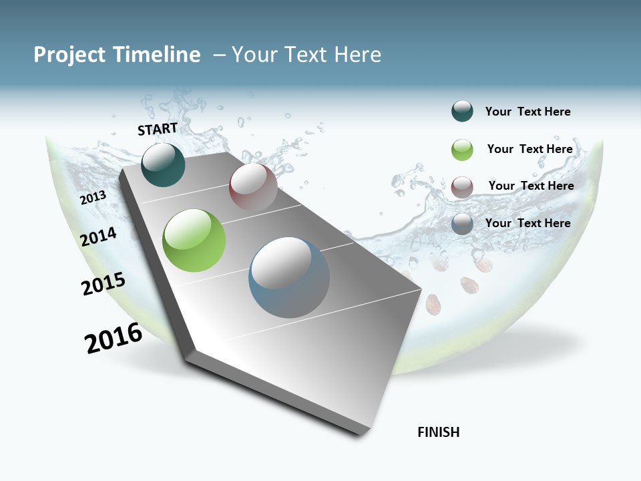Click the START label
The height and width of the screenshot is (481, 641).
point(158,129)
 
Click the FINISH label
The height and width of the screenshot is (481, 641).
point(439,432)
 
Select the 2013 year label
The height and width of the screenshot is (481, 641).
point(93,198)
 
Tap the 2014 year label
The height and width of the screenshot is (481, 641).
point(99,236)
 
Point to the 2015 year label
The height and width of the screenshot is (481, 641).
point(103,284)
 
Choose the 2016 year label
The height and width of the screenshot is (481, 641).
point(114,338)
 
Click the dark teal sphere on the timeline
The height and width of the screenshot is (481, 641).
point(163,165)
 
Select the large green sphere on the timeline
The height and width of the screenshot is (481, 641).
point(194,240)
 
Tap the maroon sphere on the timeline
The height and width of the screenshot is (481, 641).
point(253,187)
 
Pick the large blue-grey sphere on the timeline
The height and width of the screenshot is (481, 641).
point(289,277)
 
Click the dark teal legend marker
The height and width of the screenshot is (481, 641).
point(462,111)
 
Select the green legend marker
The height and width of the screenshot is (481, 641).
point(462,150)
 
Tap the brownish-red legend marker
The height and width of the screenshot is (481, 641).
point(462,187)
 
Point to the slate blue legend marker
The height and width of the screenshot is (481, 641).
point(462,224)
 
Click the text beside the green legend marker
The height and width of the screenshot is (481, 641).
point(529,149)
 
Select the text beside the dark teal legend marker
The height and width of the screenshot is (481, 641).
point(527,112)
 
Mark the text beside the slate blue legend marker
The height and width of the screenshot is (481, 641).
point(527,223)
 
